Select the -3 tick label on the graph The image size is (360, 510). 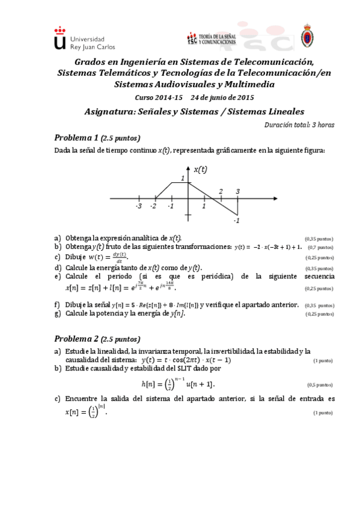click(x=138, y=206)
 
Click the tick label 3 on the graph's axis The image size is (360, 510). click(x=237, y=191)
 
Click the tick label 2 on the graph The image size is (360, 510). click(x=221, y=191)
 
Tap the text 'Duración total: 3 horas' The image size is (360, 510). click(x=299, y=124)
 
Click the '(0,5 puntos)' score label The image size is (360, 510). click(x=320, y=385)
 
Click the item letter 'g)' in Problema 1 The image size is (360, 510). click(x=58, y=313)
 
